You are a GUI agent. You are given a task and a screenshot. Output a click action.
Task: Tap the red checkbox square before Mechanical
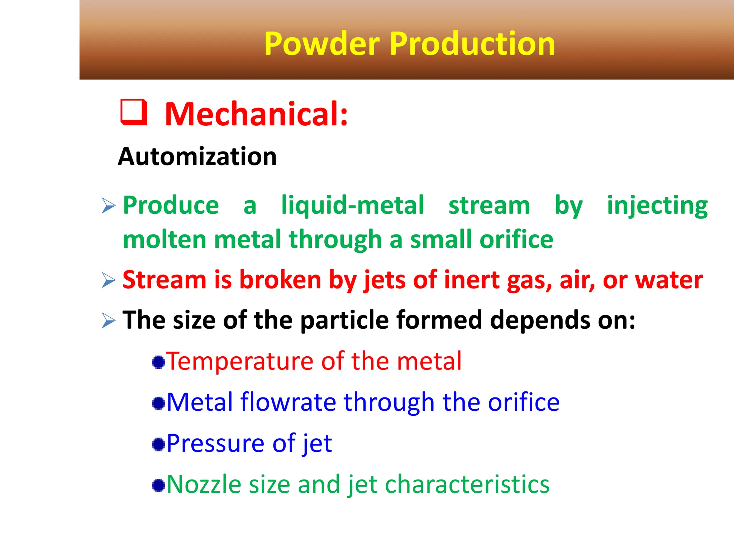point(134,112)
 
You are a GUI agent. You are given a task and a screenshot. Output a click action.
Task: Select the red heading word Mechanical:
point(256,114)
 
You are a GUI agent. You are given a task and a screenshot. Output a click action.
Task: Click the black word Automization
point(197,157)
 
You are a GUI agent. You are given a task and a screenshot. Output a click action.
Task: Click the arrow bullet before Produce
point(108,206)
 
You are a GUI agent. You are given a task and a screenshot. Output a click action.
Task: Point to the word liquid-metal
point(352,206)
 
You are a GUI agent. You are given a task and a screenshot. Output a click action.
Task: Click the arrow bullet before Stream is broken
point(108,280)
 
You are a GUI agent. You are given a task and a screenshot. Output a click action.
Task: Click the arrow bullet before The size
point(108,320)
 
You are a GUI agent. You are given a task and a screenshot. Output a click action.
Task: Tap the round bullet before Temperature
point(158,362)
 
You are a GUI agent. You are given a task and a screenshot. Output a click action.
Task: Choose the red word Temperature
point(239,361)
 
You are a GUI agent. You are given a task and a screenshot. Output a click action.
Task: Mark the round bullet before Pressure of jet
point(158,444)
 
